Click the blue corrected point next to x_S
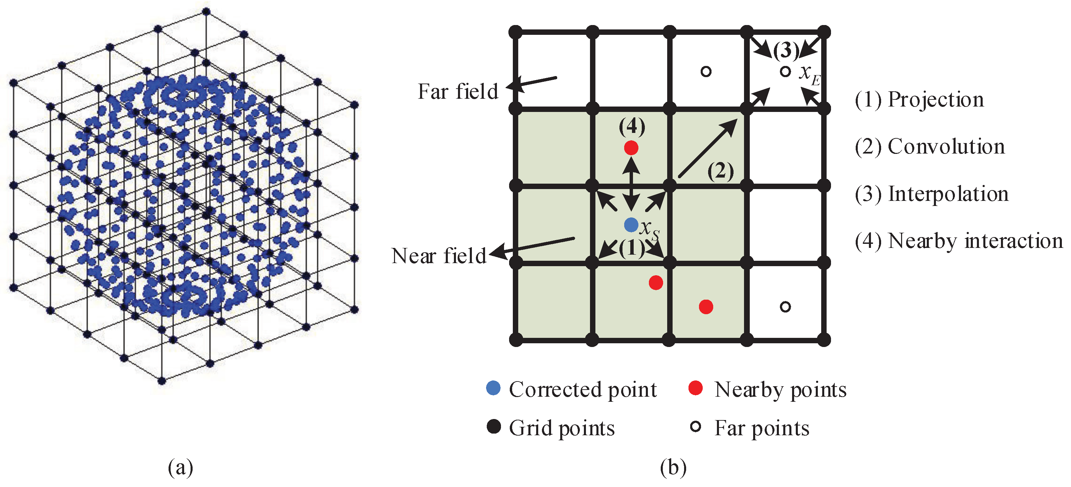(631, 225)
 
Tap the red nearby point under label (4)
(631, 148)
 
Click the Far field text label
(458, 91)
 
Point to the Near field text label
(439, 256)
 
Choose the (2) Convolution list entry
(930, 147)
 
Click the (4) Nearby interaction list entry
(959, 241)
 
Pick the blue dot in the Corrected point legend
(493, 388)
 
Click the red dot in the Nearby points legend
(695, 388)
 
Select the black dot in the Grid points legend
(493, 427)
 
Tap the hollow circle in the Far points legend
(695, 427)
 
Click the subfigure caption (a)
(180, 467)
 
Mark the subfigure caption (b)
(673, 467)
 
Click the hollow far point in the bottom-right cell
(785, 307)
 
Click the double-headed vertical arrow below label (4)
(631, 185)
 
